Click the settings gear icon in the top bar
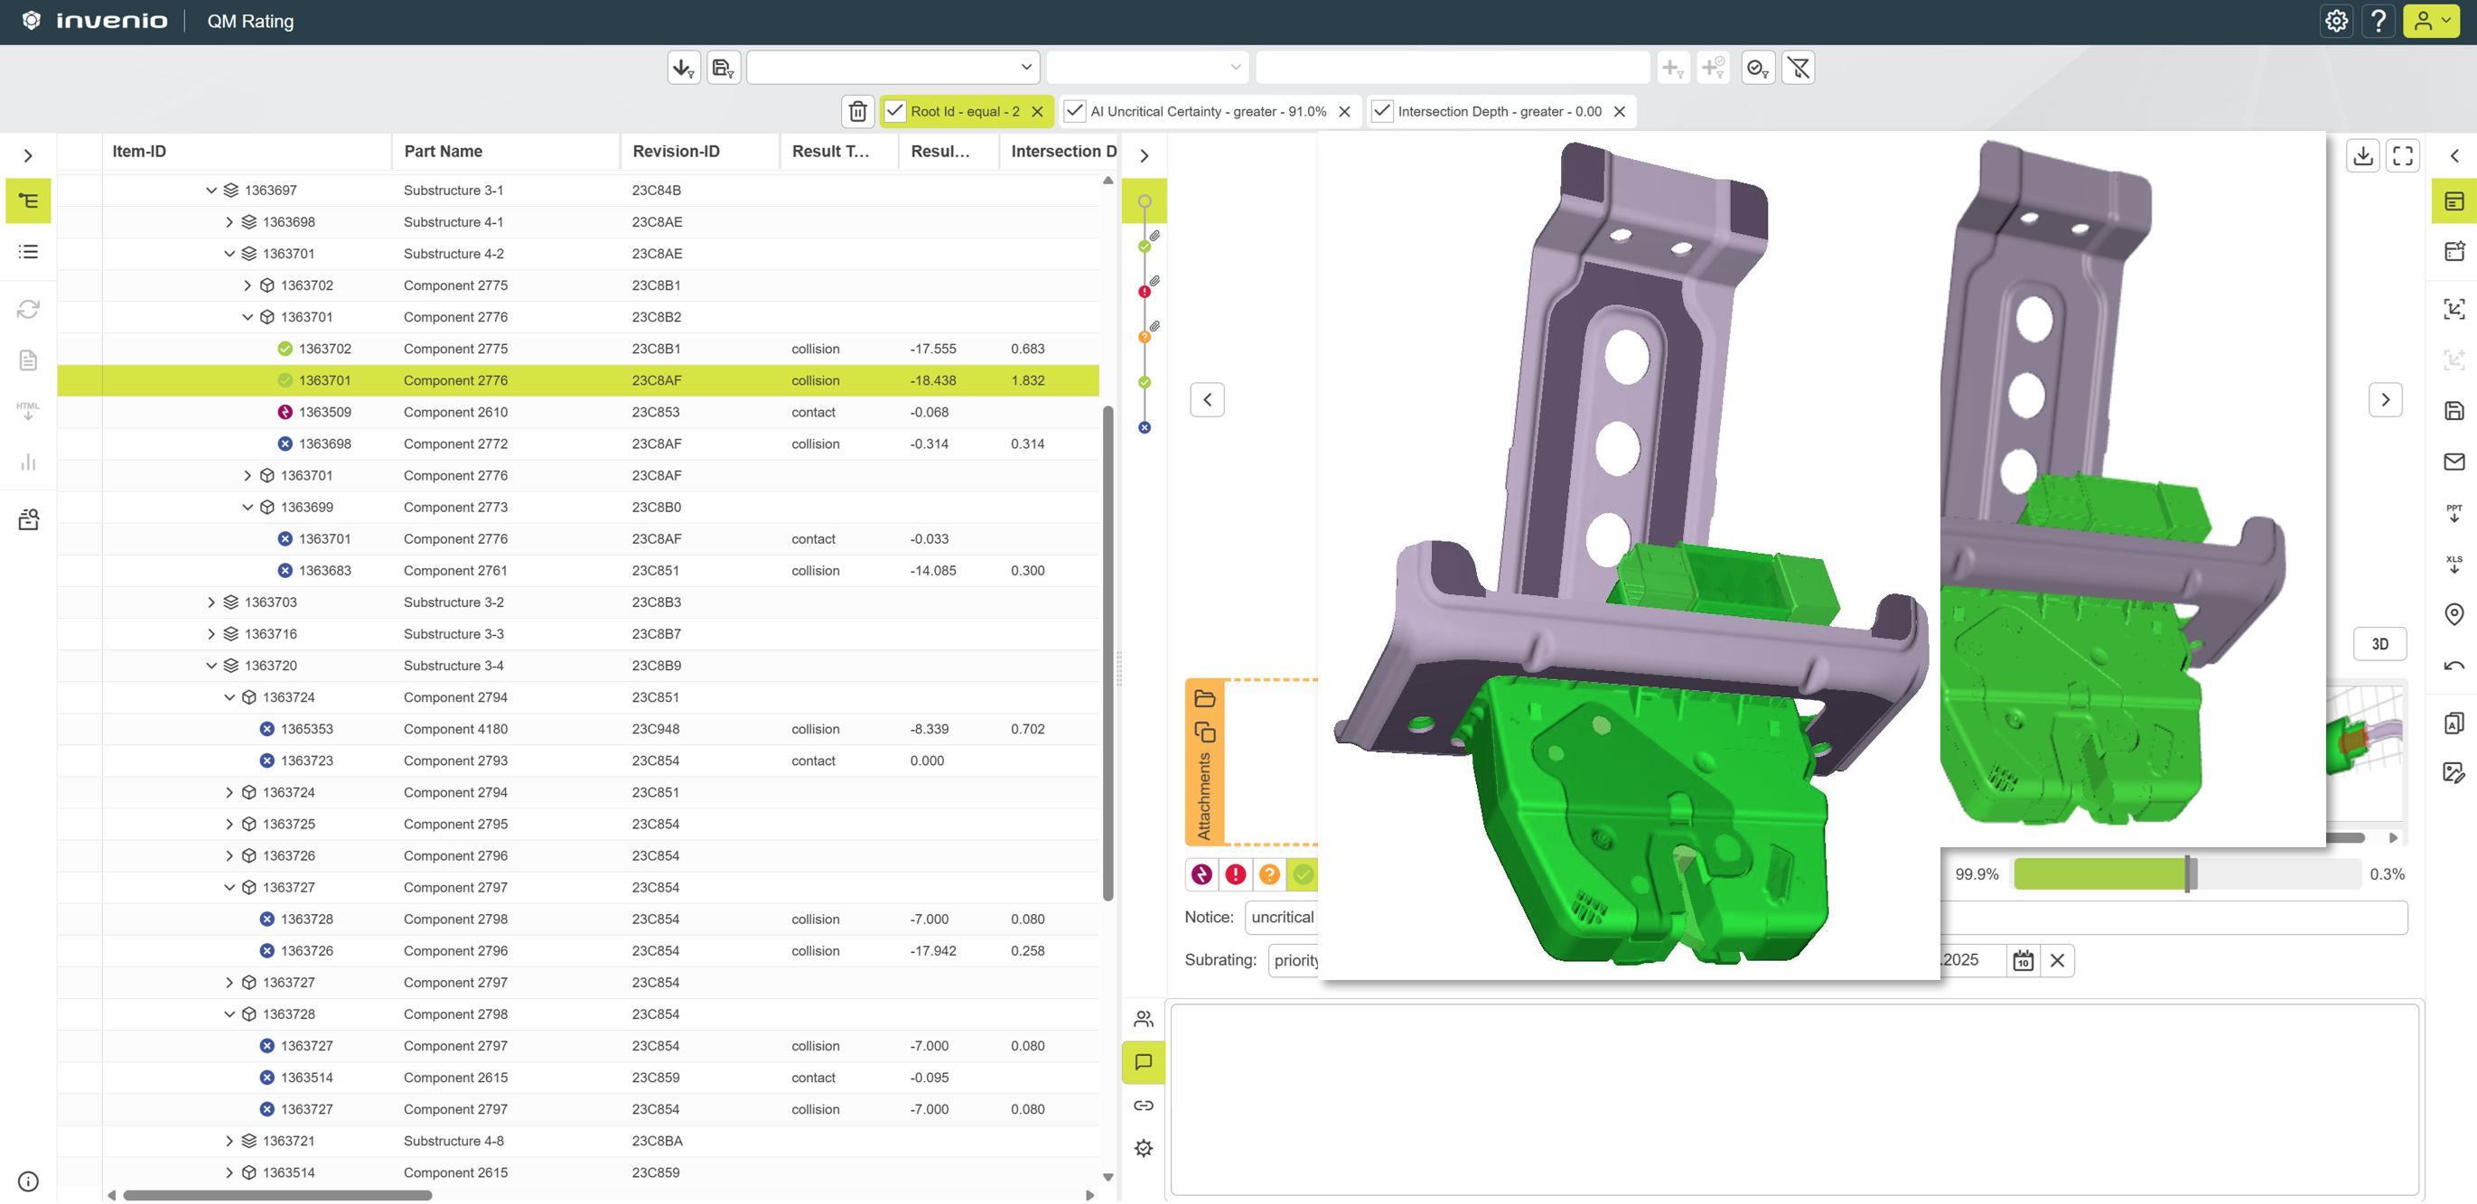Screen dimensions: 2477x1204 point(2337,21)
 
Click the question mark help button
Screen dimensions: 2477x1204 point(2379,21)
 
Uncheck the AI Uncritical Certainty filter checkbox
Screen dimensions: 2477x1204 point(1075,112)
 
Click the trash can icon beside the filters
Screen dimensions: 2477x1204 point(857,112)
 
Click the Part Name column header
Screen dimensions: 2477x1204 point(444,151)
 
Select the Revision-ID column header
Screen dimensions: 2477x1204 point(676,151)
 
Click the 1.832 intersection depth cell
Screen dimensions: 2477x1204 point(1028,381)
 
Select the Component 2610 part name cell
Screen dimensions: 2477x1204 point(456,413)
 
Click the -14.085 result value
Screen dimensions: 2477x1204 point(933,571)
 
